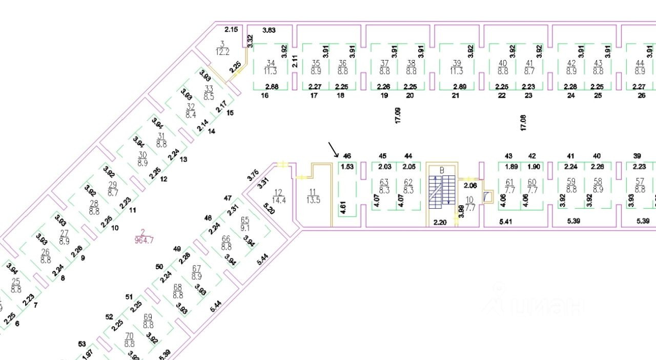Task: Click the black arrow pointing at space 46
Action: click(333, 149)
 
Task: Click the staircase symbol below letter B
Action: click(441, 191)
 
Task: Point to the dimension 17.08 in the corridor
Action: click(523, 123)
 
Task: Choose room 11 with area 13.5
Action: click(313, 195)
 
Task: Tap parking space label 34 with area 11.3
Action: click(271, 67)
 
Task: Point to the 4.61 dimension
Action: click(341, 207)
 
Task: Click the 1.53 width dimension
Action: click(347, 166)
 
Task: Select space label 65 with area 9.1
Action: click(245, 223)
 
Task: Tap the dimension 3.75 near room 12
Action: click(253, 175)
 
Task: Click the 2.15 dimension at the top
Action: click(231, 29)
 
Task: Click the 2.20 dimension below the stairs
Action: click(440, 222)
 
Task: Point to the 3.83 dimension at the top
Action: click(269, 30)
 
